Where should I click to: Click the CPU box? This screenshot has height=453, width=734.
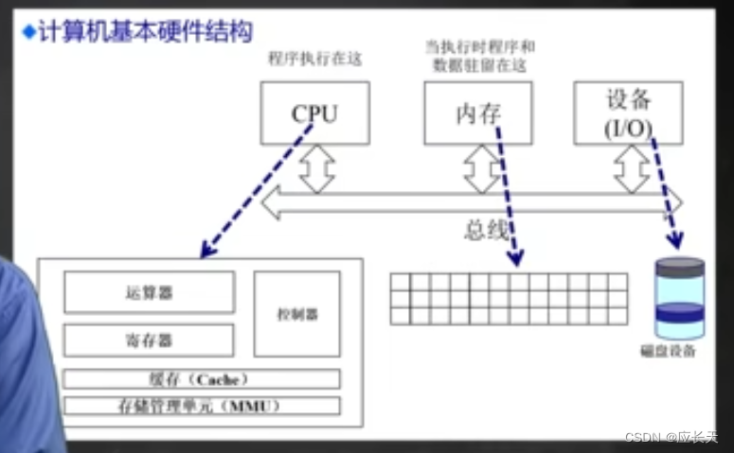point(314,113)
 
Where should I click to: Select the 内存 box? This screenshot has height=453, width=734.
point(477,113)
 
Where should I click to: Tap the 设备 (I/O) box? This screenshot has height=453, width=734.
point(629,113)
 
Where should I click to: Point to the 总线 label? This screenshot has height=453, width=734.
point(486,230)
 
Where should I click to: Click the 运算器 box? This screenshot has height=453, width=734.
point(149,292)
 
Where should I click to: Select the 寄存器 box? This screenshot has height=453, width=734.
point(149,340)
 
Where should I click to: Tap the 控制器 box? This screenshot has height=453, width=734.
point(297,314)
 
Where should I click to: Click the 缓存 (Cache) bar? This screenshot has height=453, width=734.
point(201,379)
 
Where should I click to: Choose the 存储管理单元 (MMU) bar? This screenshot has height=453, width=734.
point(201,407)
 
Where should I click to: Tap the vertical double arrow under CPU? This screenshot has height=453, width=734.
point(317,168)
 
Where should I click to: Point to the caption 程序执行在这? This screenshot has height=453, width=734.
point(315,59)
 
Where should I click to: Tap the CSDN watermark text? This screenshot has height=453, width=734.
point(671,437)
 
